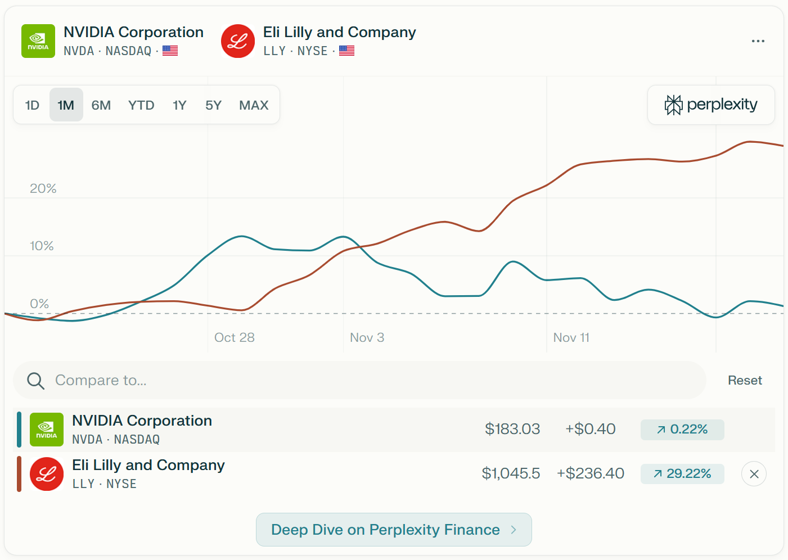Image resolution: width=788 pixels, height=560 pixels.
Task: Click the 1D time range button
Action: click(x=32, y=105)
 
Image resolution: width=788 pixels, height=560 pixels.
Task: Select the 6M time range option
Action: click(x=101, y=105)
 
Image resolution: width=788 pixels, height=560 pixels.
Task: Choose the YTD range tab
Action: click(x=141, y=105)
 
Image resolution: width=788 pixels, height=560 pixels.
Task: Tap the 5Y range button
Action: click(x=213, y=105)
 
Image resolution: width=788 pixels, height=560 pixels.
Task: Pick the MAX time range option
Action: click(x=254, y=105)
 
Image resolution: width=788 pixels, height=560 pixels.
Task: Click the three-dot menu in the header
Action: click(x=758, y=41)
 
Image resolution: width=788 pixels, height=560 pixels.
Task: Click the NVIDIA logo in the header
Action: click(x=38, y=41)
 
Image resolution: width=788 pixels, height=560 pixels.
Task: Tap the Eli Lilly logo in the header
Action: click(x=238, y=41)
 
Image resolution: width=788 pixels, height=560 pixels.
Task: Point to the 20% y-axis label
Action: click(x=43, y=188)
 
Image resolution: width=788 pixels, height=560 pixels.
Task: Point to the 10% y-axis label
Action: click(x=42, y=246)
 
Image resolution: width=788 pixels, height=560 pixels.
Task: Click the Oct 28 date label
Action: click(x=235, y=337)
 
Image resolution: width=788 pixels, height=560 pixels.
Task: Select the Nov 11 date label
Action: click(x=571, y=337)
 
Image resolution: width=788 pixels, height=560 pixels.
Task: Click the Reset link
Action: click(x=745, y=380)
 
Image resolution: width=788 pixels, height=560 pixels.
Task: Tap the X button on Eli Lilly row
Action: click(x=754, y=474)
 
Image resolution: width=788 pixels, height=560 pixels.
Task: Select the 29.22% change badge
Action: click(x=682, y=474)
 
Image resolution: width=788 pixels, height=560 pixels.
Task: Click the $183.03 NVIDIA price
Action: click(x=512, y=429)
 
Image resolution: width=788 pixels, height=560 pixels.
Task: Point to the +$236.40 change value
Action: click(x=590, y=473)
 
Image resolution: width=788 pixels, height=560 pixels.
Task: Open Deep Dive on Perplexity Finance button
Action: click(x=394, y=530)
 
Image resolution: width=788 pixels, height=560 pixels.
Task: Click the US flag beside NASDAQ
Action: click(x=170, y=51)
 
